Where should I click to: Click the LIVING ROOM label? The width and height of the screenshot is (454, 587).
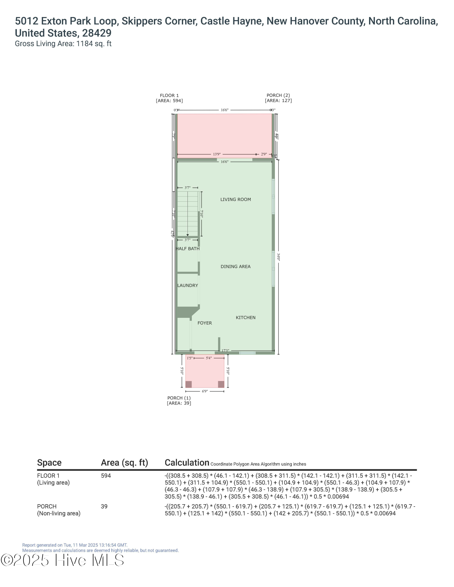coord(235,200)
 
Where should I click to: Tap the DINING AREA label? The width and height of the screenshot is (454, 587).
coord(235,266)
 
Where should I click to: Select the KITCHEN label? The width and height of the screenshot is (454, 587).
coord(245,318)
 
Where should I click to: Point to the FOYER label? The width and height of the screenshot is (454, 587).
coord(205,323)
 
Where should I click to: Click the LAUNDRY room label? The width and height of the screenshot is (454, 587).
coord(187,285)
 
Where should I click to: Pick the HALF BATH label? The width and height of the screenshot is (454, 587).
coord(187,249)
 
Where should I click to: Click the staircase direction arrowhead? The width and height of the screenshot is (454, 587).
coord(187,235)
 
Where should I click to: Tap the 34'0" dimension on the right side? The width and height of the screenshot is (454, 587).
coord(278,257)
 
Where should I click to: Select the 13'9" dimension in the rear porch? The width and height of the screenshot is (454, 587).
coord(217,154)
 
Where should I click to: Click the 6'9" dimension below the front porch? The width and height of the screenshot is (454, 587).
coord(205,391)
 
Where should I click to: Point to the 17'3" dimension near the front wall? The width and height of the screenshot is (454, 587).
coord(225,350)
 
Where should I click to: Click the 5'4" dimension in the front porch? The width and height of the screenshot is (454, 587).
coord(209,358)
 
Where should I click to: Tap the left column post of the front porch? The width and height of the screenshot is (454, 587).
coord(188,384)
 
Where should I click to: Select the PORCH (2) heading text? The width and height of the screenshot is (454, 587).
coord(278,95)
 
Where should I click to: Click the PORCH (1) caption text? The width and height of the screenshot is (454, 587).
coord(179,398)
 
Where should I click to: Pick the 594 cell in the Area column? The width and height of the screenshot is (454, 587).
coord(106,476)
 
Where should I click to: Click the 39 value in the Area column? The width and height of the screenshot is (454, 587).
coord(104,507)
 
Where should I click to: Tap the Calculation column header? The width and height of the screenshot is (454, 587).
coord(187,463)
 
